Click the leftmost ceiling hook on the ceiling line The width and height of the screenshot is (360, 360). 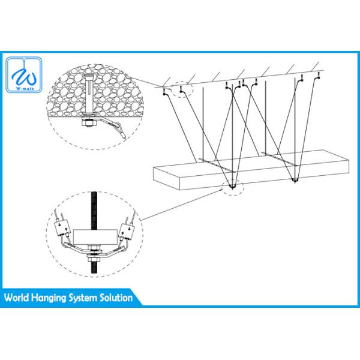164,93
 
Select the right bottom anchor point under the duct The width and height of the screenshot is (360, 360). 295,179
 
